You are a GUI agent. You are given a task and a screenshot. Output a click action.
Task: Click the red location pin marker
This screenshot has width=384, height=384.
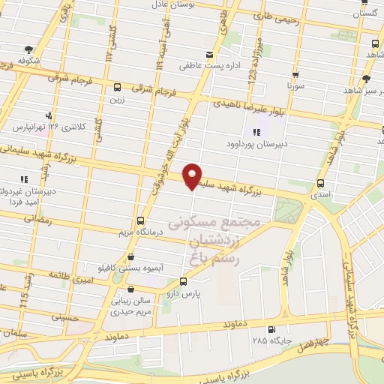[x=193, y=176]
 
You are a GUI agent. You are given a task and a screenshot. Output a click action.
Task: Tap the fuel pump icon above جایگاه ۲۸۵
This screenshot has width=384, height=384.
[x=271, y=329]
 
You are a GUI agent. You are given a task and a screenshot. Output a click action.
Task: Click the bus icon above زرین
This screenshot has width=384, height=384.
[x=118, y=87]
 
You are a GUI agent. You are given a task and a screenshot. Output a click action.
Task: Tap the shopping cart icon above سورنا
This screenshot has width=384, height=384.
[x=297, y=75]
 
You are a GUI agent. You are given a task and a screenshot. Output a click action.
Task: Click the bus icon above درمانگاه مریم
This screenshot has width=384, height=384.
[x=141, y=220]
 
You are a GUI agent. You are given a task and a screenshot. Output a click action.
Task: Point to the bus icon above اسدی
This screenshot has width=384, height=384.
[x=321, y=183]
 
